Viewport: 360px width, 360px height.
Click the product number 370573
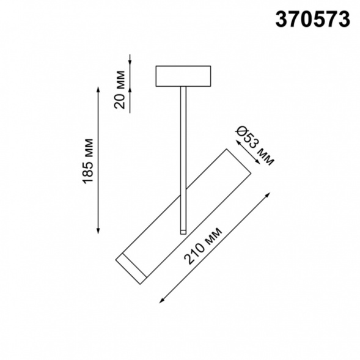(x=313, y=20)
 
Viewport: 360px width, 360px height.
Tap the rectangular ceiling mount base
(x=183, y=76)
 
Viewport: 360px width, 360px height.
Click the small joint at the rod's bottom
(x=182, y=230)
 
